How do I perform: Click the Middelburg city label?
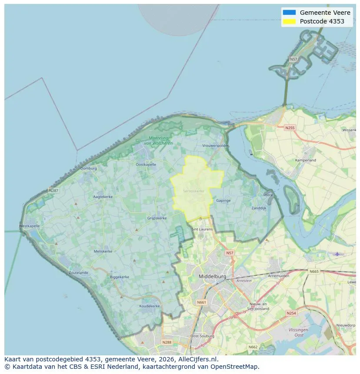(212, 276)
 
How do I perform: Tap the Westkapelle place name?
(30, 226)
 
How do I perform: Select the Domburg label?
(89, 168)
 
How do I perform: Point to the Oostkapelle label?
(146, 165)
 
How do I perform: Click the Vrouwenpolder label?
(215, 146)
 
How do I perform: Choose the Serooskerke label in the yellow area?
(193, 191)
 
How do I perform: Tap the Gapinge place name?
(223, 201)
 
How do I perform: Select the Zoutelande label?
(78, 273)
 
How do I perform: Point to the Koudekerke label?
(150, 306)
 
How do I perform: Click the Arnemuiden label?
(279, 275)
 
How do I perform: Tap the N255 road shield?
(290, 128)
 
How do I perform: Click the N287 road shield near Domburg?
(53, 190)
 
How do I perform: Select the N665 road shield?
(314, 271)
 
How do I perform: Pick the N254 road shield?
(291, 313)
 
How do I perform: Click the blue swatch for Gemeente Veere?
(289, 13)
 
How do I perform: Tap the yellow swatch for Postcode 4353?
(289, 21)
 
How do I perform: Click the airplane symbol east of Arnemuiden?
(337, 254)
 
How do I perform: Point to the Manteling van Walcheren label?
(158, 141)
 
